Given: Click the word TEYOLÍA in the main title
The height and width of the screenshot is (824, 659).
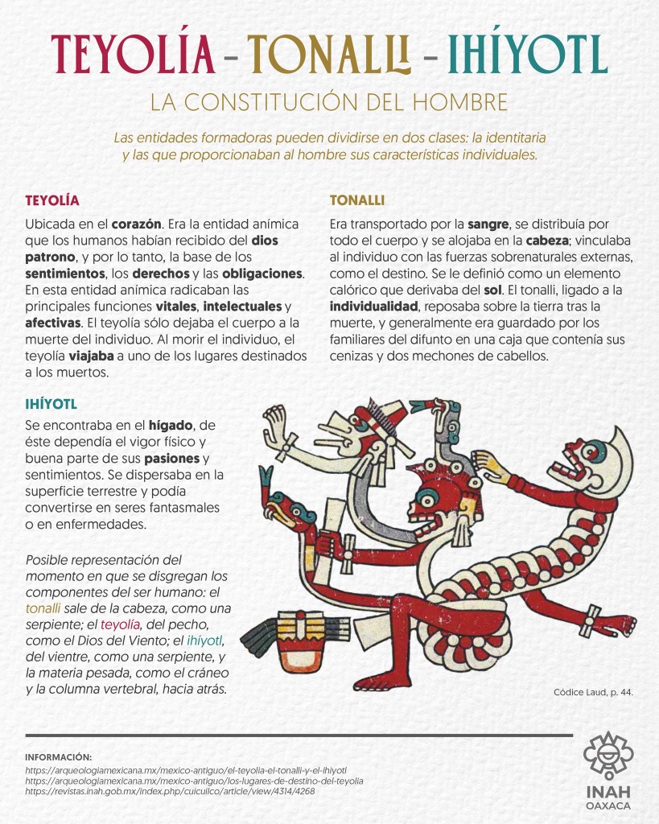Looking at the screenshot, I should coord(133,53).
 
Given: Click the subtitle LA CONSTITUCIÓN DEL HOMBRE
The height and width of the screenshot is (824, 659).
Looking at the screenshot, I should coord(329,102).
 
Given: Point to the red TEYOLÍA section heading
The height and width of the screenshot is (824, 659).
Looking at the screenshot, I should coord(52,200).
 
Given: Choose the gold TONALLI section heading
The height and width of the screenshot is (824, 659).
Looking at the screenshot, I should coord(357,200).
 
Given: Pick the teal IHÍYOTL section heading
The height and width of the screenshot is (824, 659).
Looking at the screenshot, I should coord(51,403).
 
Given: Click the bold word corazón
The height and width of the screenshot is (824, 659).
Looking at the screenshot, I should coord(138,223).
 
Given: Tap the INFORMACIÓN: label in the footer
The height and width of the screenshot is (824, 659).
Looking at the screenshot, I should coord(59,757).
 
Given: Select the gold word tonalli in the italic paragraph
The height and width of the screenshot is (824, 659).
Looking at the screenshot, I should coord(43,608).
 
